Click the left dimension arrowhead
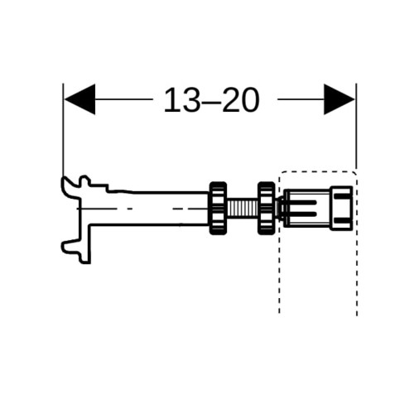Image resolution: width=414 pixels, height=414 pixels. (x=80, y=99)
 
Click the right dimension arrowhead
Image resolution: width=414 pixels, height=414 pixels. (x=339, y=99)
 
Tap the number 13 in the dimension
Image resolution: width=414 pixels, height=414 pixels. (x=181, y=100)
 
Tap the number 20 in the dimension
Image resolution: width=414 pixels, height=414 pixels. (x=241, y=100)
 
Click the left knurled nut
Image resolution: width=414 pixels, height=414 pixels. (x=219, y=208)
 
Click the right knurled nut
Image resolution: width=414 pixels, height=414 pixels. (x=267, y=208)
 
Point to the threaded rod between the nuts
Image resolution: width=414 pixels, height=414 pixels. (x=243, y=208)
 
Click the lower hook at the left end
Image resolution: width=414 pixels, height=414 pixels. (x=72, y=248)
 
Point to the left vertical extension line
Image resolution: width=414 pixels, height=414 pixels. (x=63, y=130)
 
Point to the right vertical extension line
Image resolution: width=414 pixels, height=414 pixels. (x=356, y=126)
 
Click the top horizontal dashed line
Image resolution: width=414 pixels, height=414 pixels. (x=317, y=171)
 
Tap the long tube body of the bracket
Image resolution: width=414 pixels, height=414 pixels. (x=149, y=208)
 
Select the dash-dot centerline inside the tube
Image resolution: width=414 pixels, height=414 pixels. (x=142, y=209)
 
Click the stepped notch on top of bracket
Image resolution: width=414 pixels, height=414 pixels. (x=99, y=186)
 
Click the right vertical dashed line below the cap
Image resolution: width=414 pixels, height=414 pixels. (x=357, y=273)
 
